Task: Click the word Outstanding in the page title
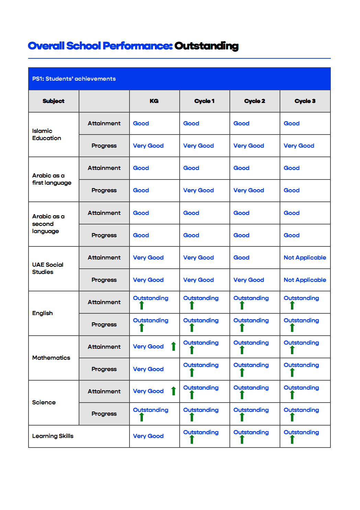click(x=206, y=46)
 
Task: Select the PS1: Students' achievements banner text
click(x=74, y=79)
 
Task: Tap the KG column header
click(x=154, y=101)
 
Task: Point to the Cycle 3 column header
click(x=305, y=101)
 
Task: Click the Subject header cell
click(x=53, y=101)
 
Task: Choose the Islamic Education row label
click(x=47, y=135)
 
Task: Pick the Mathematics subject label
click(x=51, y=358)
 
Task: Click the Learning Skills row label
click(x=53, y=436)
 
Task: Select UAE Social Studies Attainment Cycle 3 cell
click(x=305, y=257)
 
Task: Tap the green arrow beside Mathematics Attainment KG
click(x=173, y=346)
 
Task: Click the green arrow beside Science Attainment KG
click(x=173, y=391)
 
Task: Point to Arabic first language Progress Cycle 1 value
click(x=198, y=190)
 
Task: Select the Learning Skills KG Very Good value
click(x=148, y=436)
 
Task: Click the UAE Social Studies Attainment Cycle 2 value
click(x=241, y=257)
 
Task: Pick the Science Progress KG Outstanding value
click(x=150, y=410)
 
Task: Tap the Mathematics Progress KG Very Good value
click(x=148, y=369)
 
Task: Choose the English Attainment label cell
click(x=104, y=302)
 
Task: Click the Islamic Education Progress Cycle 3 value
click(x=299, y=146)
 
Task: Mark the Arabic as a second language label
click(x=48, y=224)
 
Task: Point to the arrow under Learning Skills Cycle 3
click(x=292, y=439)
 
